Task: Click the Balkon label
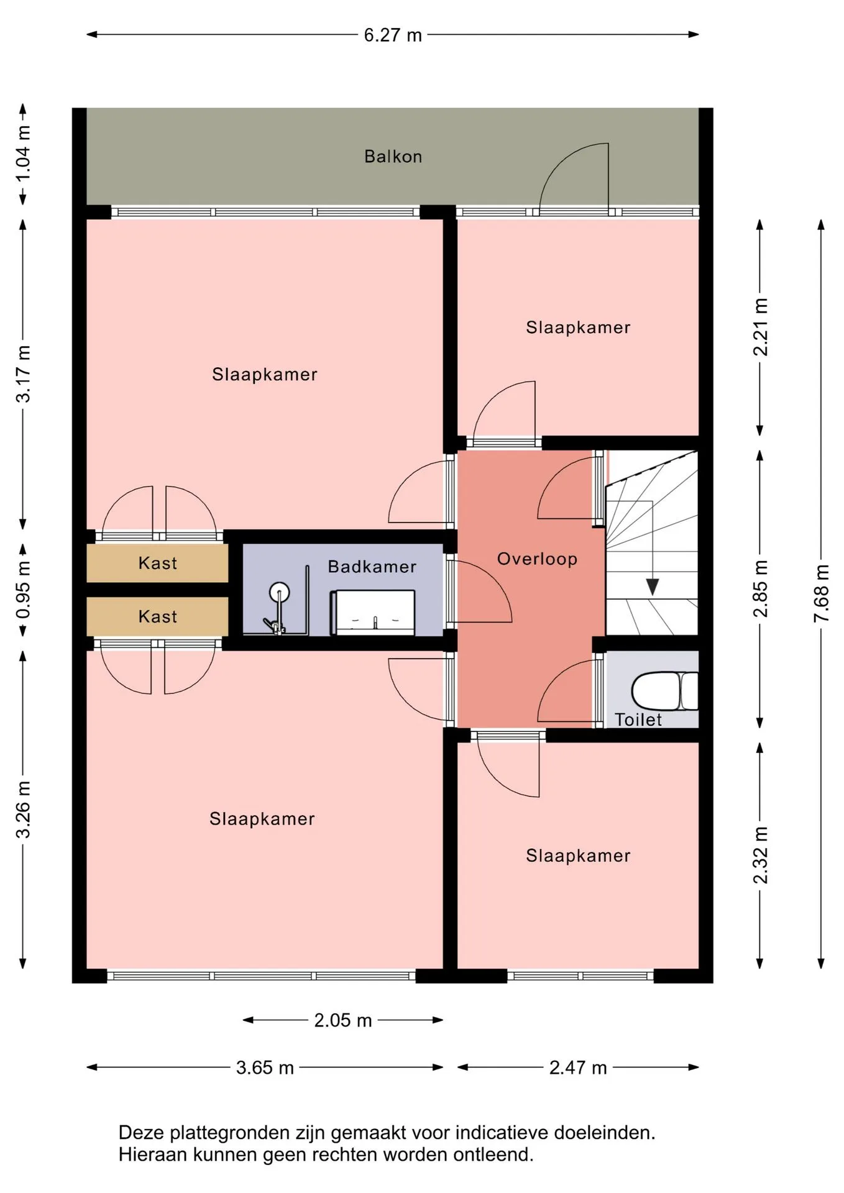point(393,157)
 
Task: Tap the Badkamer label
point(372,567)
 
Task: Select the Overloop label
point(537,559)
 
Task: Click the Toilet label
point(638,720)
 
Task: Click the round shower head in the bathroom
point(280,591)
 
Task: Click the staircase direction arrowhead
point(652,587)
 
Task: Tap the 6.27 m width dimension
point(393,35)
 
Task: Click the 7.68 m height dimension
point(822,593)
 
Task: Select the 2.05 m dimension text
point(343,1020)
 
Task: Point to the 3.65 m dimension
point(265,1067)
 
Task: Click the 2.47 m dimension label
point(578,1067)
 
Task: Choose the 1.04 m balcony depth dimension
point(23,153)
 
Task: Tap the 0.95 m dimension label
point(23,590)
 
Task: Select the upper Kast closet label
point(158,564)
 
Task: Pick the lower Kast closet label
point(158,617)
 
